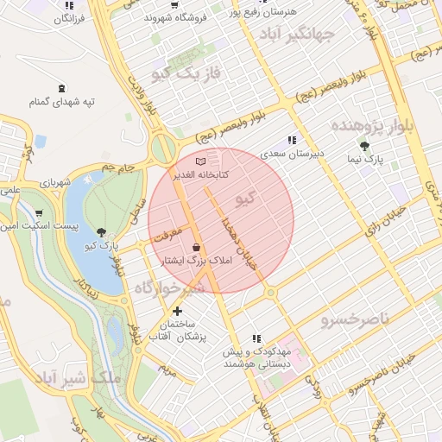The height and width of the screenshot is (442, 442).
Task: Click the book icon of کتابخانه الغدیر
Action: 201,161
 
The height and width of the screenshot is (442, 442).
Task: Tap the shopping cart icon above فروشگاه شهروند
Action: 175,4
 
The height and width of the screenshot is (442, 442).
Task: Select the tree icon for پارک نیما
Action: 364,146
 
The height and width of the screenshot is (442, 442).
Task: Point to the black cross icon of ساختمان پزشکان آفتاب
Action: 177,311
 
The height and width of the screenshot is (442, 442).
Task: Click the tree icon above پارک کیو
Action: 103,231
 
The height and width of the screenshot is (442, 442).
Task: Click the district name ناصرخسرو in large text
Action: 355,320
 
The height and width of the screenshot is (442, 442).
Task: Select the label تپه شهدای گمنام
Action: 61,102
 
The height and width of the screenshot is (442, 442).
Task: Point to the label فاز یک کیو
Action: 186,74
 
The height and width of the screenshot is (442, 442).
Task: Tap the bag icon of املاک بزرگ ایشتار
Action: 198,247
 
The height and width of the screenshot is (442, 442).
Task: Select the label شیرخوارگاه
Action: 169,287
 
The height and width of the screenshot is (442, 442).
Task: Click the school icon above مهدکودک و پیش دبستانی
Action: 256,339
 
